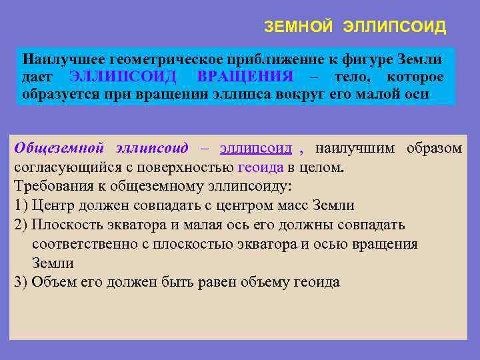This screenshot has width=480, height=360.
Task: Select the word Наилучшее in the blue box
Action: pyautogui.click(x=59, y=59)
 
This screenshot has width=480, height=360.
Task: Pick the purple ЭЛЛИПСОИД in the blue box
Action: pyautogui.click(x=123, y=77)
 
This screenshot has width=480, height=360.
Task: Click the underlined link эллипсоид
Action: pyautogui.click(x=255, y=148)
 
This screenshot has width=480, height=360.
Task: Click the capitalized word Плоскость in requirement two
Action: pyautogui.click(x=63, y=225)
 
